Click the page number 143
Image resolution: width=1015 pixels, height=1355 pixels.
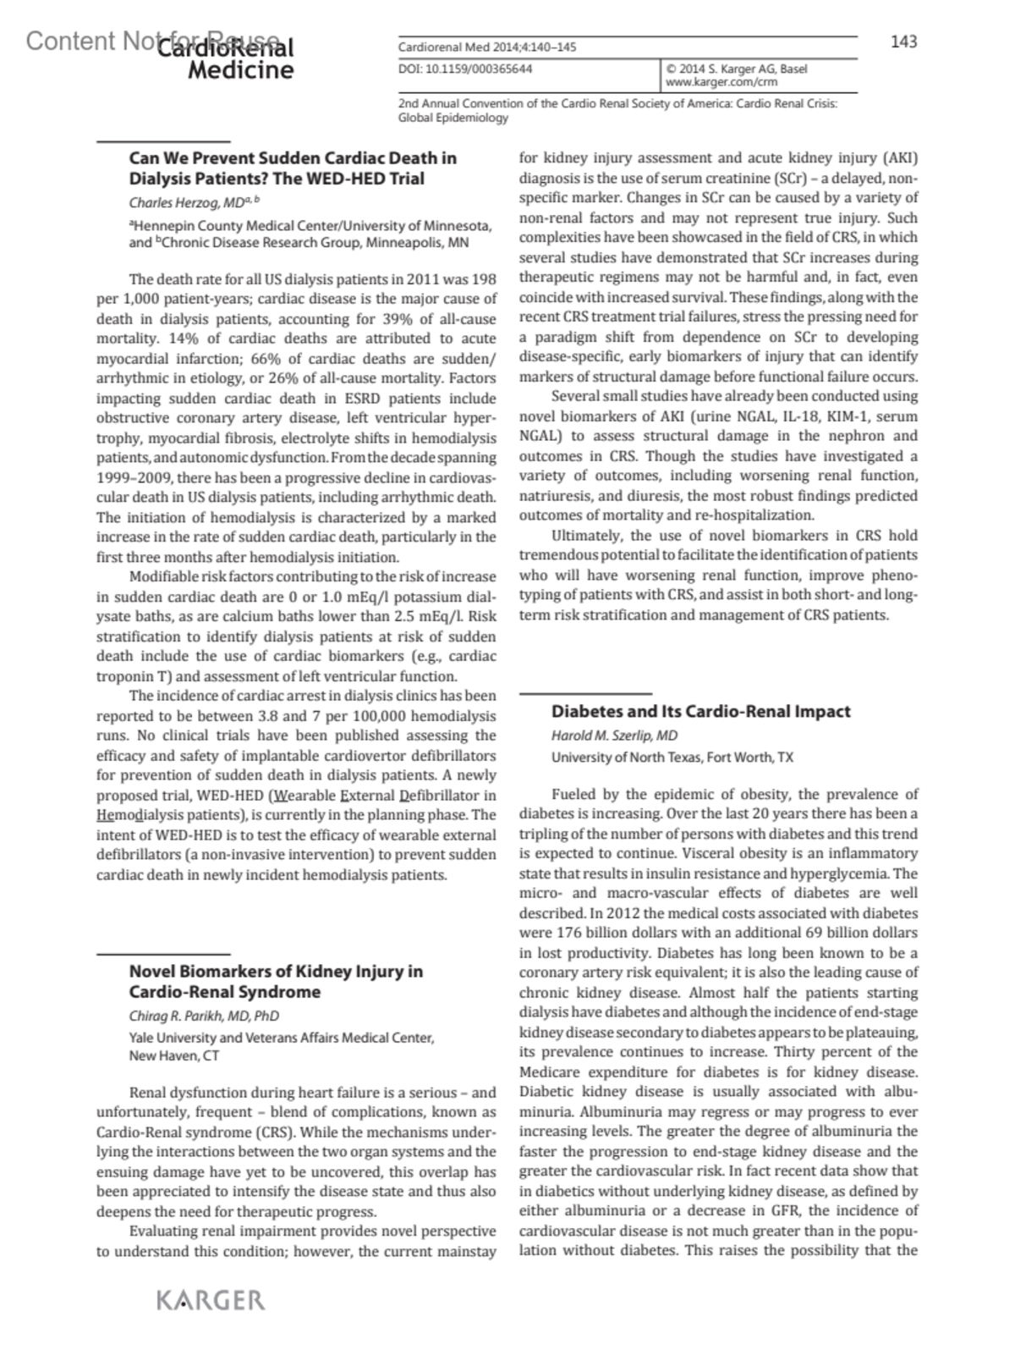tap(903, 41)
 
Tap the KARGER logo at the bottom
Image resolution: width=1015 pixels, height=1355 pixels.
tap(211, 1300)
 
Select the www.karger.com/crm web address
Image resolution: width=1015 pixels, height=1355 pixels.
tap(709, 82)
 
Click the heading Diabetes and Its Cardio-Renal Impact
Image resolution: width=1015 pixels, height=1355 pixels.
tap(700, 712)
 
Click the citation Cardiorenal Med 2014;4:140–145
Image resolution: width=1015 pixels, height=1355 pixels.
tap(487, 47)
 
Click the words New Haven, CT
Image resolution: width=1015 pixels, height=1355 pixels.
tap(174, 1056)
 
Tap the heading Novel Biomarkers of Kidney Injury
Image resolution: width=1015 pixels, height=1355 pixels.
tap(276, 972)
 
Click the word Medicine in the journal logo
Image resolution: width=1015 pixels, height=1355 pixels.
tap(240, 69)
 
